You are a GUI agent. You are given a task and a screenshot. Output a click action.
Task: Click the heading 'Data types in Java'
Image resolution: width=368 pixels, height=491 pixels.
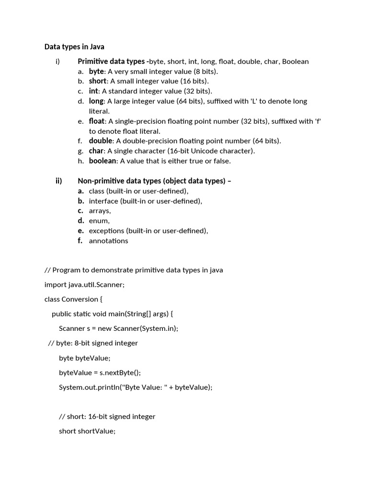[x=74, y=47]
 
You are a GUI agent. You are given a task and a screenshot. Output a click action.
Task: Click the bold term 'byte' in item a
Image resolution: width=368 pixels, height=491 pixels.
[x=96, y=71]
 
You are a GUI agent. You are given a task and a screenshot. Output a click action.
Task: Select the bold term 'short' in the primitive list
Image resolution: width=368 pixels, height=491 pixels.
[x=97, y=81]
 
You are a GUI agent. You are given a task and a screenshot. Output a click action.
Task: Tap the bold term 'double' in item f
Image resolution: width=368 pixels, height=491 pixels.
[x=101, y=141]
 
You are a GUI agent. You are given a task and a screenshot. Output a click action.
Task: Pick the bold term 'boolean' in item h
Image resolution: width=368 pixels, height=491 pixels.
[x=103, y=161]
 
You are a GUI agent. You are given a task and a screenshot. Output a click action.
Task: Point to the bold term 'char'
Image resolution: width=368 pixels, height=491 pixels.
[x=96, y=151]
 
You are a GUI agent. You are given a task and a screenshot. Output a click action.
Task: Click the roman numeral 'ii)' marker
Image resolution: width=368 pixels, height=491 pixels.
[x=59, y=181]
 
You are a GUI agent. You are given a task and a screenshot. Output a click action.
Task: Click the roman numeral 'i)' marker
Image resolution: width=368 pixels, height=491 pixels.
[x=58, y=61]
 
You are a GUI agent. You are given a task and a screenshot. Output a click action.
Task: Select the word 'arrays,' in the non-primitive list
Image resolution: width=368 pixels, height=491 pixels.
[x=100, y=211]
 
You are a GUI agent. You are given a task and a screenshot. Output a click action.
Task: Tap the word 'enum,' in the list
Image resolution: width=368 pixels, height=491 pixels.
[x=99, y=221]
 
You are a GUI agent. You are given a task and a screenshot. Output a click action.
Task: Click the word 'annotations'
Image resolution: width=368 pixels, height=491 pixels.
[x=108, y=241]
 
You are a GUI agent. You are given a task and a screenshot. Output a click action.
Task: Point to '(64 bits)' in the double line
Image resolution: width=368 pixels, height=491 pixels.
[x=266, y=141]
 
